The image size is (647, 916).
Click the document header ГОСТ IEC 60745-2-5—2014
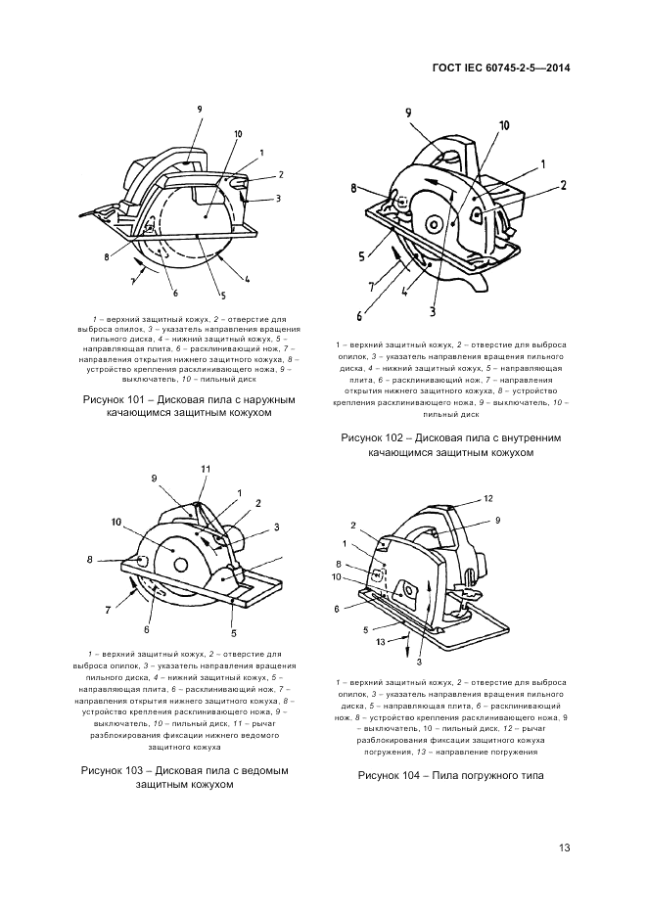500,69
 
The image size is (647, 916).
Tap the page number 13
565,847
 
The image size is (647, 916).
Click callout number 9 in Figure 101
199,108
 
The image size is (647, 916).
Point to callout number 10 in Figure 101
238,134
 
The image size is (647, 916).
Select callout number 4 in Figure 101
247,280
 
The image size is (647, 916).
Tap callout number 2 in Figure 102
564,184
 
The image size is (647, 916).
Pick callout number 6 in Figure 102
360,316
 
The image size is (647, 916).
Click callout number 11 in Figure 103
207,470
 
